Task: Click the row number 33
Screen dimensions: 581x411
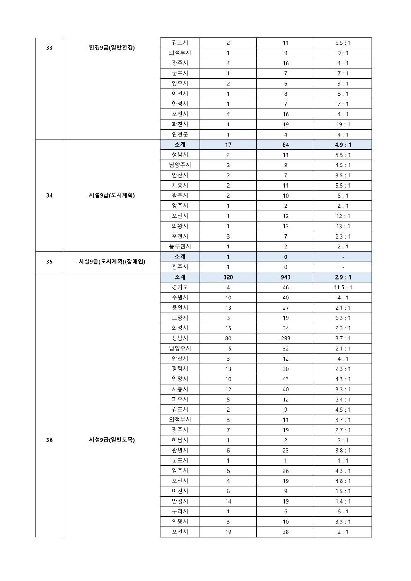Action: [49, 48]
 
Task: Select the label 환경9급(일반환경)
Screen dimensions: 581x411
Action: [112, 48]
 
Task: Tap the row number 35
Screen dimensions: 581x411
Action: [49, 262]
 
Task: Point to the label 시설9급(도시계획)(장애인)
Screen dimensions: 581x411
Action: [112, 262]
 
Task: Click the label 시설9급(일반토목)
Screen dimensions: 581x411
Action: [112, 440]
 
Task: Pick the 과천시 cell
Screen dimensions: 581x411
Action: [180, 124]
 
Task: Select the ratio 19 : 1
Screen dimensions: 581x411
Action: [343, 124]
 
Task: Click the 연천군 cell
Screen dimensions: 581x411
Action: [180, 135]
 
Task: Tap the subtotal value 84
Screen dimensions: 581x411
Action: [285, 145]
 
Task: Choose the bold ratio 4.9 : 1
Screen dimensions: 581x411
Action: [343, 145]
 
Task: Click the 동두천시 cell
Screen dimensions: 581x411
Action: [180, 246]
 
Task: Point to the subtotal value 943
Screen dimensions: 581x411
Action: [285, 277]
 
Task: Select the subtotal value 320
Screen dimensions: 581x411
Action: [228, 277]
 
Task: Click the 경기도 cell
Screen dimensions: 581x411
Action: [180, 287]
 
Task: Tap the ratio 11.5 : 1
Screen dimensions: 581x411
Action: [343, 287]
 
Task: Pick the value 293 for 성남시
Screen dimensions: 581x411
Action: [285, 338]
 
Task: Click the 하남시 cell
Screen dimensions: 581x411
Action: [180, 440]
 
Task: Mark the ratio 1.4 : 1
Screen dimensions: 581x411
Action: [343, 501]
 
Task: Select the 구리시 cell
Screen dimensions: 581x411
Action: [180, 511]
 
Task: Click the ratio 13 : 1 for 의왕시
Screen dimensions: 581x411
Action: [343, 226]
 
